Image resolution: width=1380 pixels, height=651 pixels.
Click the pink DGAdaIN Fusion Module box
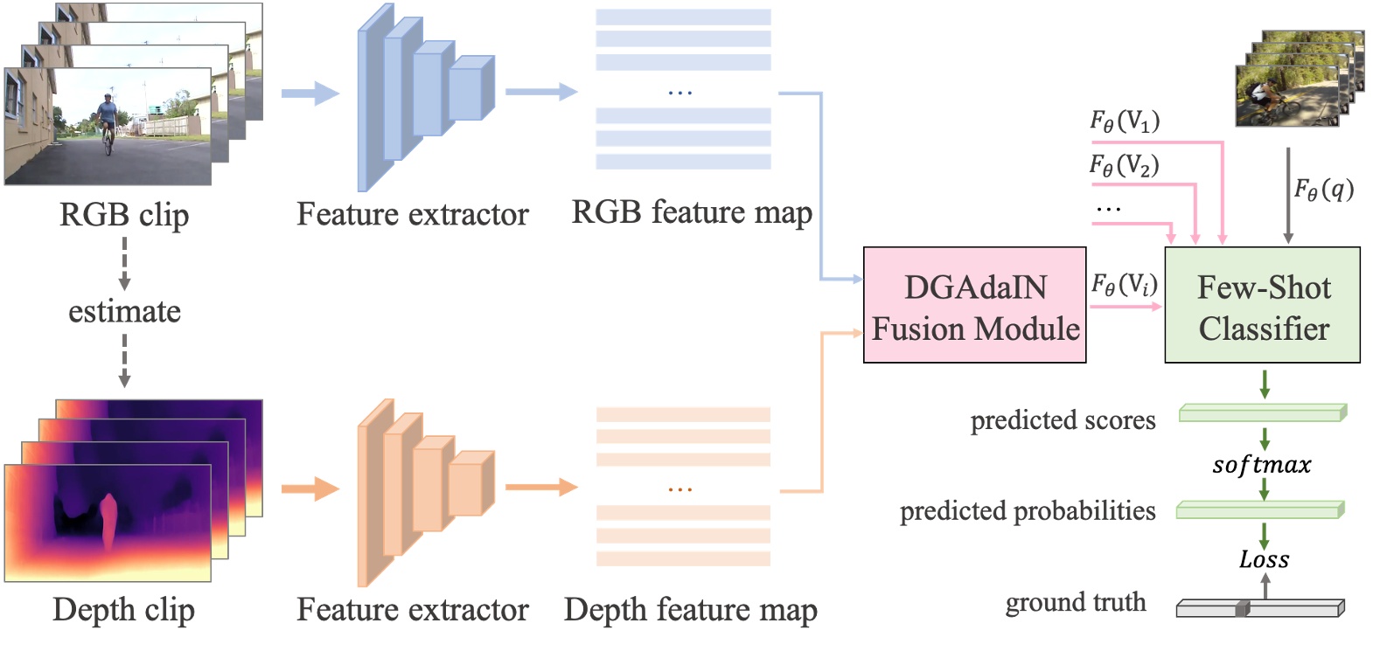[x=974, y=305]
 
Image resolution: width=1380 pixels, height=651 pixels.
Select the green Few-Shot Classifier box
[x=1262, y=305]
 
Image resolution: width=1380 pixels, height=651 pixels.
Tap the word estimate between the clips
[x=124, y=311]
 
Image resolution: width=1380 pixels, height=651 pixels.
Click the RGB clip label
[x=123, y=215]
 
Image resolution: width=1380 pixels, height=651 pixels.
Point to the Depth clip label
[x=123, y=610]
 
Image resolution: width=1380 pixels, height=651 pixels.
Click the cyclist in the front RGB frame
[x=107, y=122]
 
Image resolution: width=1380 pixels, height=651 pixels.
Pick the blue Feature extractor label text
[x=412, y=214]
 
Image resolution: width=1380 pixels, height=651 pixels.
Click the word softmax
[x=1261, y=465]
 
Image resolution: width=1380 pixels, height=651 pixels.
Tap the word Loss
[x=1264, y=559]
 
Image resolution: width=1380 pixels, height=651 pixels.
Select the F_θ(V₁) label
[x=1125, y=121]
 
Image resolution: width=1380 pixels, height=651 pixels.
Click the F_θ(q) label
[x=1323, y=189]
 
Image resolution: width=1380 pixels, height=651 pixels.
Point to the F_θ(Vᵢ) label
[x=1124, y=284]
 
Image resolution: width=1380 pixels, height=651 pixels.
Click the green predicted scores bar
[x=1262, y=412]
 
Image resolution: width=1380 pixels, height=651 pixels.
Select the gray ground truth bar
[x=1259, y=608]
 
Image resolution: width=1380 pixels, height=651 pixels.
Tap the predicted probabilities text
[x=1028, y=510]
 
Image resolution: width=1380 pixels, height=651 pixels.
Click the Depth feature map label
[x=690, y=610]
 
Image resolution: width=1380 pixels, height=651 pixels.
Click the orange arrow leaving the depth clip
[x=310, y=488]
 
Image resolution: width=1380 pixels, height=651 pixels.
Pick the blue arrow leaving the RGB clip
[x=310, y=93]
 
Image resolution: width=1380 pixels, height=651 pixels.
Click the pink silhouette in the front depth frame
[x=108, y=521]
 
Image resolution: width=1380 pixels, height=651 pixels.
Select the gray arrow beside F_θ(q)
[x=1287, y=194]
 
